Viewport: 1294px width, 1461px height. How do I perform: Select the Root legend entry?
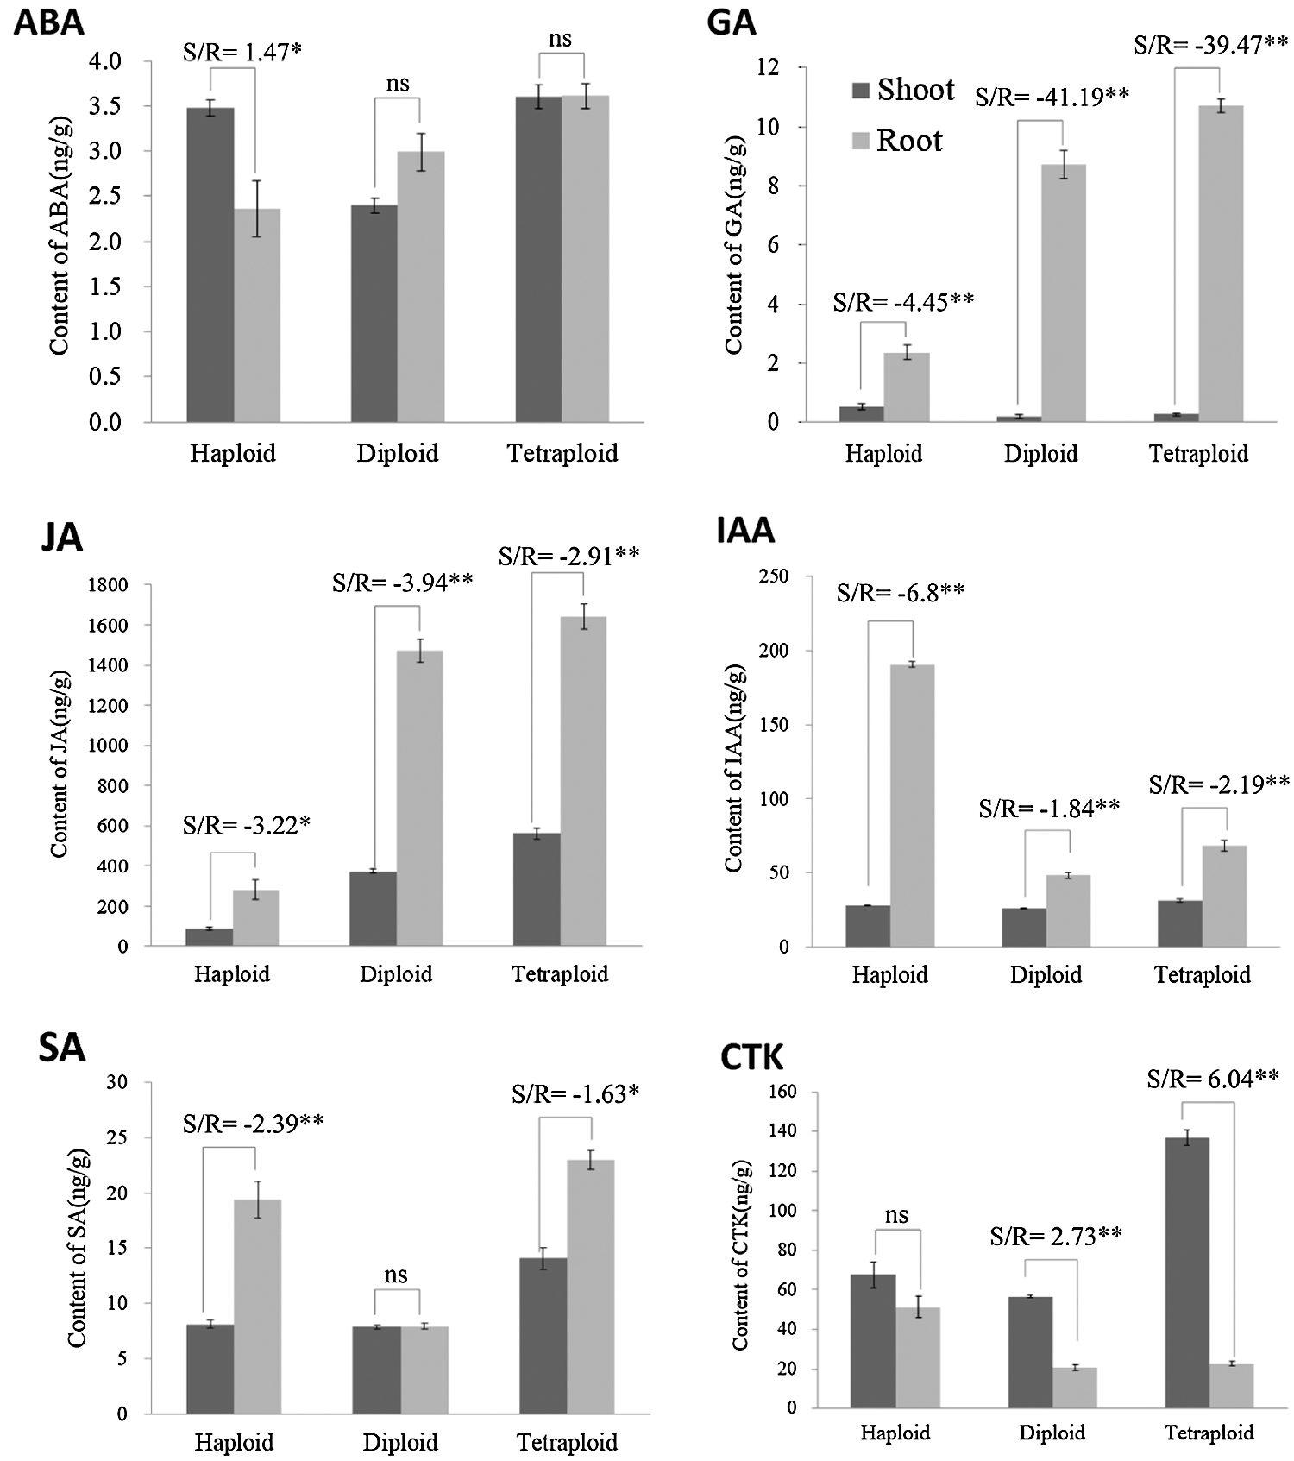click(x=897, y=141)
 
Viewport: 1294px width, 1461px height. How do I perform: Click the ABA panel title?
click(x=49, y=22)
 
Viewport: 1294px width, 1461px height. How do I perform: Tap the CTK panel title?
click(x=751, y=1057)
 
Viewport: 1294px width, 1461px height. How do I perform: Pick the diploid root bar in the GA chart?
click(x=1063, y=293)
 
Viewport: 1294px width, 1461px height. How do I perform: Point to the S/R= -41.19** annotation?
click(x=1052, y=97)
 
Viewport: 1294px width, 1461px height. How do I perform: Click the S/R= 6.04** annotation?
click(x=1212, y=1079)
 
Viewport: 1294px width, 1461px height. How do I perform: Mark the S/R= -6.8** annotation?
click(x=900, y=593)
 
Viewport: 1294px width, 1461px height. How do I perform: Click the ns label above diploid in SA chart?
click(x=396, y=1275)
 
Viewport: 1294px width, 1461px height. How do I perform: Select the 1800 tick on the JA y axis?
click(x=107, y=585)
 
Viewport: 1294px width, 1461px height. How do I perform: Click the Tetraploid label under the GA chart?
click(x=1198, y=454)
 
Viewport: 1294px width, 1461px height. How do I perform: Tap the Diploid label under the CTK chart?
click(x=1052, y=1433)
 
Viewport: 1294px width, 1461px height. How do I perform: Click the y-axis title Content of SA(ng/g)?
click(x=77, y=1248)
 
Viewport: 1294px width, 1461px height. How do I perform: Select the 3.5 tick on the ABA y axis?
click(x=106, y=106)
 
